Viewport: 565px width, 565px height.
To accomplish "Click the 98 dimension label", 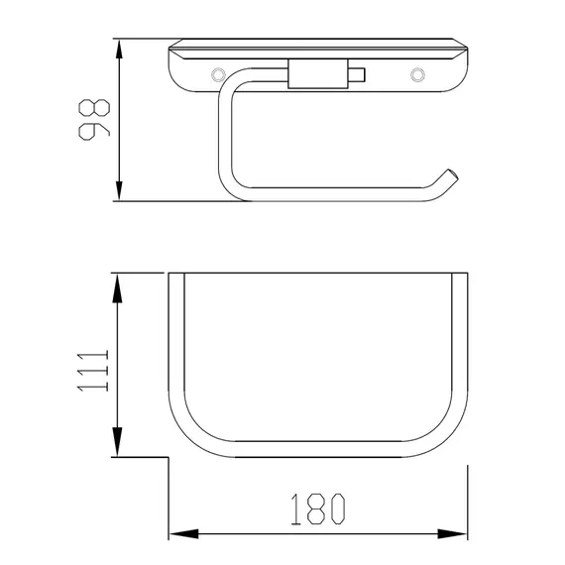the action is pyautogui.click(x=94, y=120).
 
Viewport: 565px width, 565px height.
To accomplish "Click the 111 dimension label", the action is pyautogui.click(x=93, y=371).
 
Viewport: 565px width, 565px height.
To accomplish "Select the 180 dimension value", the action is pyautogui.click(x=318, y=508).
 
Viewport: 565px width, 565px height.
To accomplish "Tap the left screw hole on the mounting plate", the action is pyautogui.click(x=218, y=75).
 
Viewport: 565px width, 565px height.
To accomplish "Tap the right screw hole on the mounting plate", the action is pyautogui.click(x=417, y=75).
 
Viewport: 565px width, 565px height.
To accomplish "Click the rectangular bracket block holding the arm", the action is pyautogui.click(x=318, y=73).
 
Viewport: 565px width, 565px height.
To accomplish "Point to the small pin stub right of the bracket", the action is pyautogui.click(x=357, y=75).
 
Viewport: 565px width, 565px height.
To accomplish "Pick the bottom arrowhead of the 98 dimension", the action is pyautogui.click(x=119, y=191).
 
